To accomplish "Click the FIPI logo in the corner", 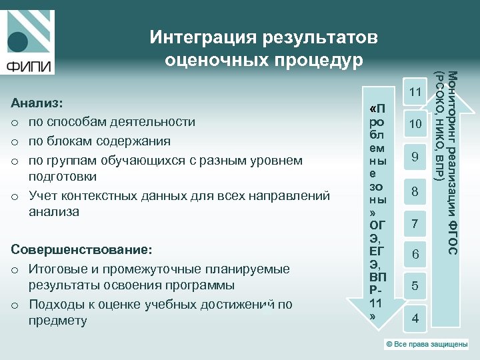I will [28, 41].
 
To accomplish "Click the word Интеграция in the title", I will [205, 37].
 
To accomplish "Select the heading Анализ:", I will [38, 104].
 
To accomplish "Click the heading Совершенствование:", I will [82, 250].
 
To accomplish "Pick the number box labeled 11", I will [415, 92].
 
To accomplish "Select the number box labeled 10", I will [415, 124].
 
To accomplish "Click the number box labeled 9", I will [415, 157].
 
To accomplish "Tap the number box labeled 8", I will [415, 191].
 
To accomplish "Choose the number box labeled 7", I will [415, 223].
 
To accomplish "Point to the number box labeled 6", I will [415, 255].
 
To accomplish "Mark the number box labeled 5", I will [415, 286].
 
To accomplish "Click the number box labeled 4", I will [415, 318].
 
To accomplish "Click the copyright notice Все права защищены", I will [427, 344].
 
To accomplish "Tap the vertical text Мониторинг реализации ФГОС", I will [452, 163].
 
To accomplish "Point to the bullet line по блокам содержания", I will [99, 141].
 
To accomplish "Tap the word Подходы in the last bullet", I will [54, 304].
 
